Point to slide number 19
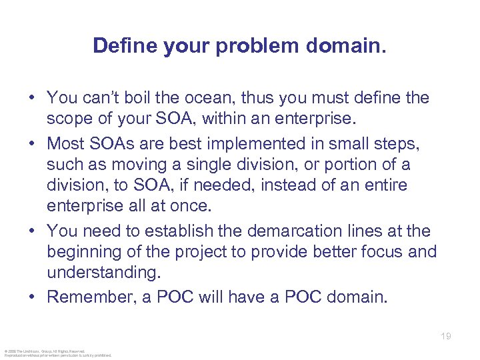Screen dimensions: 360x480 click(445, 337)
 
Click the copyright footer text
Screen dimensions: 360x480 click(57, 353)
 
